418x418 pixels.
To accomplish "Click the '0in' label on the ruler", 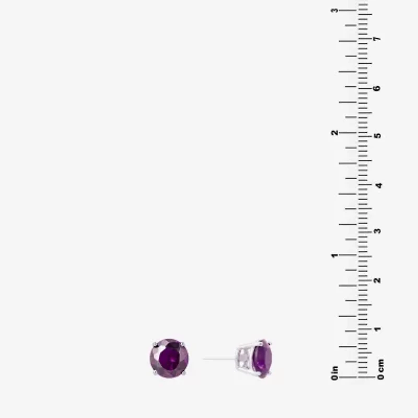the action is [334, 373].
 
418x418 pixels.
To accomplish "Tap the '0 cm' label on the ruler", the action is [381, 369].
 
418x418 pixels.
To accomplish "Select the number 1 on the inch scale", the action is [334, 256].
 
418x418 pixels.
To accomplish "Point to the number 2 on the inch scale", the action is [334, 133].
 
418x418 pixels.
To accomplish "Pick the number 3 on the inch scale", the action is [334, 10].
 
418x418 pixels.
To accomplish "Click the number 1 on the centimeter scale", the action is [377, 329].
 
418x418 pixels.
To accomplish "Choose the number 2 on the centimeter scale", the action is [377, 280].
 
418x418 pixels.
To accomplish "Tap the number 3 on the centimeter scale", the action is [377, 231].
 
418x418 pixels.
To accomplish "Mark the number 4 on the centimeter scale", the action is [378, 185].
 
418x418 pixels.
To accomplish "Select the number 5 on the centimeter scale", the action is [377, 135].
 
